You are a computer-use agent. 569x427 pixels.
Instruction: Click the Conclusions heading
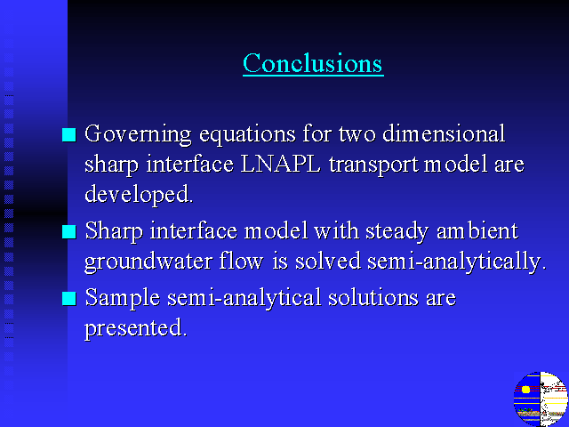click(313, 63)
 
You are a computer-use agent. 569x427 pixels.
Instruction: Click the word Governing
click(138, 135)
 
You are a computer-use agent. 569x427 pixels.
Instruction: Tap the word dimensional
click(444, 133)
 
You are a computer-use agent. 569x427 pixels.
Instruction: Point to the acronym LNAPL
click(281, 164)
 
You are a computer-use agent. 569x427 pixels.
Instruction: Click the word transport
click(373, 165)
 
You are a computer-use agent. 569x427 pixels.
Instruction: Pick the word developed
click(139, 195)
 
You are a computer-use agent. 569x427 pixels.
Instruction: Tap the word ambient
click(477, 230)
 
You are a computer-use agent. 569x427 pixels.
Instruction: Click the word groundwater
click(148, 262)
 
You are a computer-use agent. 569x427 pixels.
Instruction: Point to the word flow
click(241, 261)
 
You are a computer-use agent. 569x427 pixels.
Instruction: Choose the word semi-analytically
click(456, 262)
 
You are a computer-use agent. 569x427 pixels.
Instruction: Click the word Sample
click(123, 299)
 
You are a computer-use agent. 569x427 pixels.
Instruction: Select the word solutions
click(373, 297)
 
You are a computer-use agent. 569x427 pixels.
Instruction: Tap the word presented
click(136, 329)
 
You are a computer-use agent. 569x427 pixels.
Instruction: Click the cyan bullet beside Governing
click(69, 134)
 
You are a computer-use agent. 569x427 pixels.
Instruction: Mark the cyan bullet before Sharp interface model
click(69, 232)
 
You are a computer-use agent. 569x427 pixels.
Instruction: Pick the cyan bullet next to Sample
click(69, 299)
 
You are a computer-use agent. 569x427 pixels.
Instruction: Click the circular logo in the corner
click(541, 399)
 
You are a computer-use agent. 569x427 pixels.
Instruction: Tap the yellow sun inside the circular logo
click(525, 390)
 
